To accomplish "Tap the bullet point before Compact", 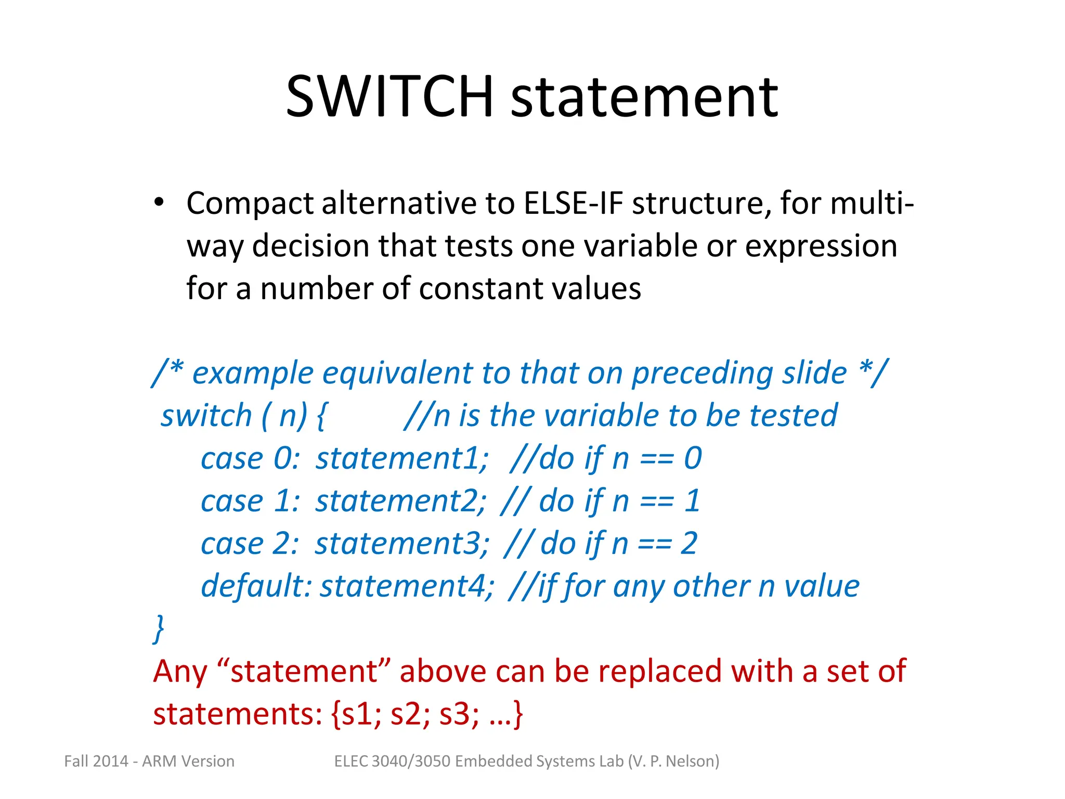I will tap(159, 202).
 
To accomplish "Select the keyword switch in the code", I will tap(206, 416).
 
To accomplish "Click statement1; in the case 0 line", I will tap(402, 459).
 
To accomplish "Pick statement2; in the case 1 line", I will tap(401, 501).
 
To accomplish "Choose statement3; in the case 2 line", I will tap(402, 544).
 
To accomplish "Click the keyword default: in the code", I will tap(256, 586).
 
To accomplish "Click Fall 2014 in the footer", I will tap(96, 762).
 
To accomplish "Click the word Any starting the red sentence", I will tap(179, 672).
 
